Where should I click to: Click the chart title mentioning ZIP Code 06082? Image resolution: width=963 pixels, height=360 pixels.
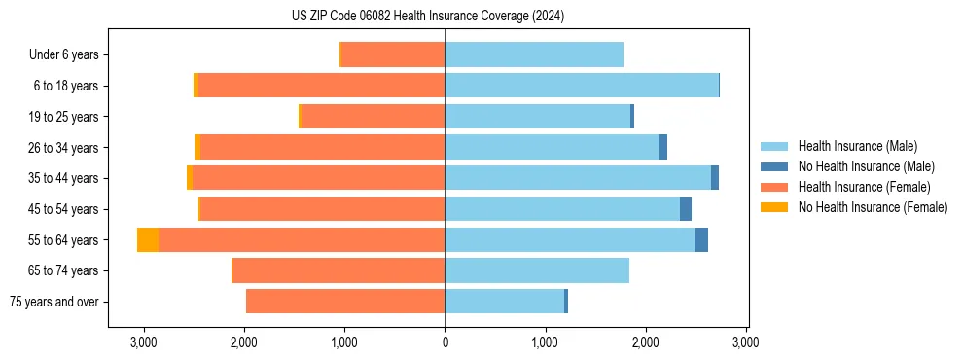pyautogui.click(x=427, y=17)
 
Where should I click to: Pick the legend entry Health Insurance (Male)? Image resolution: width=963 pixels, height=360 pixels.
pyautogui.click(x=857, y=146)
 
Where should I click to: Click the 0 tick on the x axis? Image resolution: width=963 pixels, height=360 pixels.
pyautogui.click(x=445, y=342)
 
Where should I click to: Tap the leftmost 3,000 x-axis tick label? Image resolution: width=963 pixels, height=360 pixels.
pyautogui.click(x=143, y=342)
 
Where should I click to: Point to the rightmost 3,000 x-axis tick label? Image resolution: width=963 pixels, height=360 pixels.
pyautogui.click(x=745, y=342)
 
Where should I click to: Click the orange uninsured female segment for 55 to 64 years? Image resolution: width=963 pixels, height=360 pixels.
pyautogui.click(x=148, y=240)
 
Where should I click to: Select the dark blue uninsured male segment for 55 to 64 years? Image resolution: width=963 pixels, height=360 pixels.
pyautogui.click(x=701, y=240)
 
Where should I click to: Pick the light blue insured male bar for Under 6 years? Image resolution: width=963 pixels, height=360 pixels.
pyautogui.click(x=534, y=54)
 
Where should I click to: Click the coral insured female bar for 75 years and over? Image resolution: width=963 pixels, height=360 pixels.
pyautogui.click(x=345, y=302)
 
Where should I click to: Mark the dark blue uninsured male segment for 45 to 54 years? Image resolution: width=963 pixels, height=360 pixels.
pyautogui.click(x=686, y=209)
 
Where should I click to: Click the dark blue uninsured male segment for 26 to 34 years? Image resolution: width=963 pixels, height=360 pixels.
pyautogui.click(x=662, y=147)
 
